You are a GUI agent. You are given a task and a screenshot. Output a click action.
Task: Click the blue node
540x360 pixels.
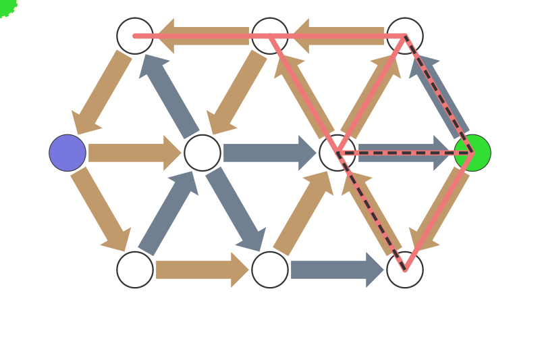(x=67, y=153)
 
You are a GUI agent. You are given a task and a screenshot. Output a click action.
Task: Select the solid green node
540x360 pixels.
(x=473, y=153)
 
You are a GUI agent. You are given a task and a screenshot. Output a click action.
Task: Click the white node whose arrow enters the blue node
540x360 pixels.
(x=135, y=36)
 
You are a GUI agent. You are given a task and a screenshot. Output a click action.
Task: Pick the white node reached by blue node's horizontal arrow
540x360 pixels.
(x=202, y=153)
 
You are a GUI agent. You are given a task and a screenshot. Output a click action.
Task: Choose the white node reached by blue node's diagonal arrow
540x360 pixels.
(x=135, y=269)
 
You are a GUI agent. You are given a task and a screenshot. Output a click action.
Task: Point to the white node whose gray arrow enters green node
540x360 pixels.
(x=337, y=153)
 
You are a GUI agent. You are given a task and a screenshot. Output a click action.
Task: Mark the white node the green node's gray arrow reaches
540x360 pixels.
(x=405, y=36)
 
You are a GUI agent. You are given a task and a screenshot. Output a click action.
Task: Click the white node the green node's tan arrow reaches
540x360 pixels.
(x=405, y=269)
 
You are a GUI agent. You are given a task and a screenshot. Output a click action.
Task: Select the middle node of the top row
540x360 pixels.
(x=270, y=36)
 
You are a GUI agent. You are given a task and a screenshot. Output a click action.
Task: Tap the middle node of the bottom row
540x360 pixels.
(x=270, y=269)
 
